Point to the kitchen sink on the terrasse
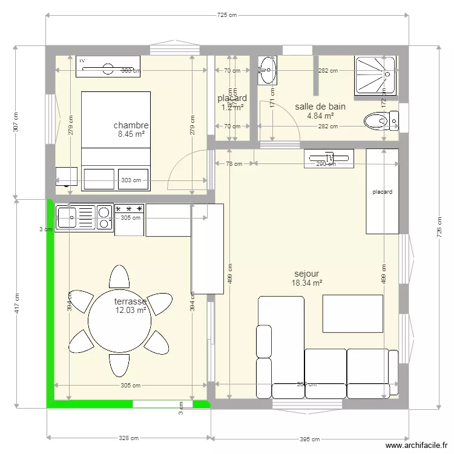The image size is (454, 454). (76, 218)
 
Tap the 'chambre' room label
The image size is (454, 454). (131, 125)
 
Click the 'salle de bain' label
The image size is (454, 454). (320, 107)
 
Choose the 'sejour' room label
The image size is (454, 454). (306, 274)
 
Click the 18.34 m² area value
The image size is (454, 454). (306, 283)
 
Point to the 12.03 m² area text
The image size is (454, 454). (131, 311)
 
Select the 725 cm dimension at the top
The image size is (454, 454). (226, 15)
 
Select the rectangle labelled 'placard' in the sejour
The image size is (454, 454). (382, 192)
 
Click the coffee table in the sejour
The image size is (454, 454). (353, 314)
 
